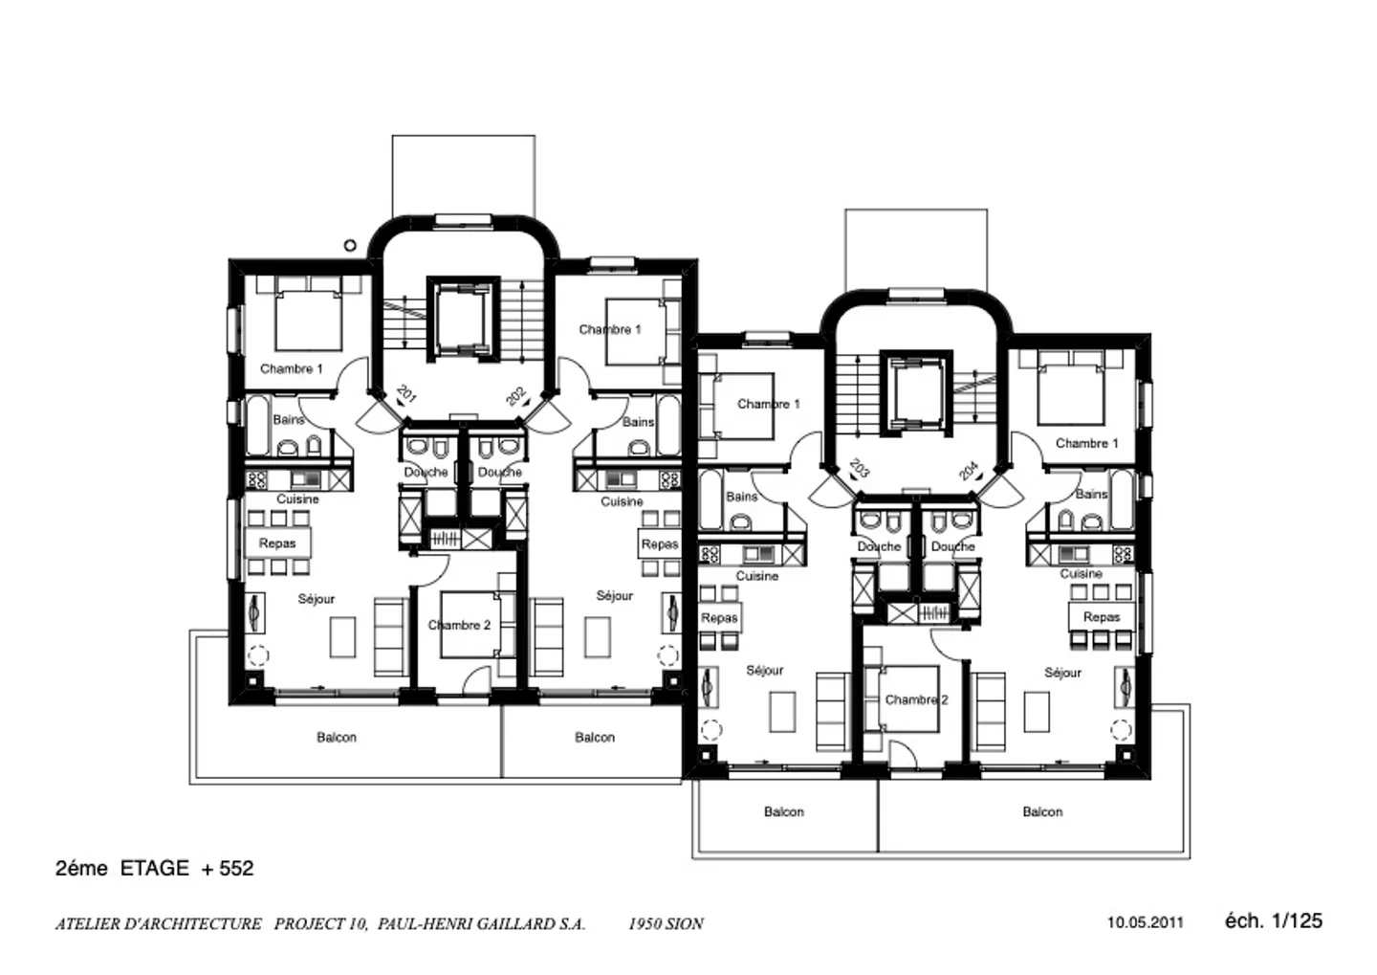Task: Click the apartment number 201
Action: (x=406, y=394)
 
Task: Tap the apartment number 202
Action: (x=516, y=395)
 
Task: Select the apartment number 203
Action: (x=859, y=468)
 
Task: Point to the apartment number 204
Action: (x=969, y=470)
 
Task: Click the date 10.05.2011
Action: (x=1146, y=922)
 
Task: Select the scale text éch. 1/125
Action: (x=1273, y=920)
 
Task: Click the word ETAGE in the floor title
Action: (x=154, y=868)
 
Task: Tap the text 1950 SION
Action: (x=666, y=923)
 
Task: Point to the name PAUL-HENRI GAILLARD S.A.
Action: (x=481, y=923)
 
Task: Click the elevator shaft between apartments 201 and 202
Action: (x=463, y=319)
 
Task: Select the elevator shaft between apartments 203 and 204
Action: (x=916, y=393)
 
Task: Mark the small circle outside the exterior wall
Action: (x=350, y=245)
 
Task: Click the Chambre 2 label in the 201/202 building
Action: (x=459, y=625)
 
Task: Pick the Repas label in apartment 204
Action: (x=1102, y=617)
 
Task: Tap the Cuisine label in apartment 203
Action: (x=756, y=576)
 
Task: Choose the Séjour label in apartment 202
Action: (x=614, y=595)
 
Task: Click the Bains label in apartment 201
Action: (x=288, y=419)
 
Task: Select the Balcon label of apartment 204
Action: (x=1041, y=811)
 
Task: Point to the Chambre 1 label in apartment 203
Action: (x=768, y=404)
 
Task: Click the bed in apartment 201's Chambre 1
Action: (x=308, y=314)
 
